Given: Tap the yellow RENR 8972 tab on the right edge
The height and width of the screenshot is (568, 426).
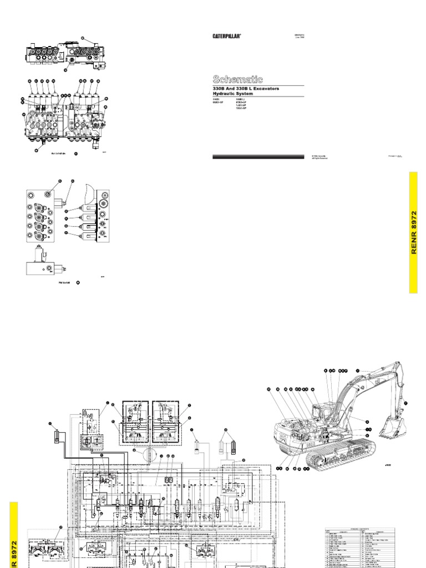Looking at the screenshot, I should click(417, 232).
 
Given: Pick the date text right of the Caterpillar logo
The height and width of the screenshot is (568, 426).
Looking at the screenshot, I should click(298, 36).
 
